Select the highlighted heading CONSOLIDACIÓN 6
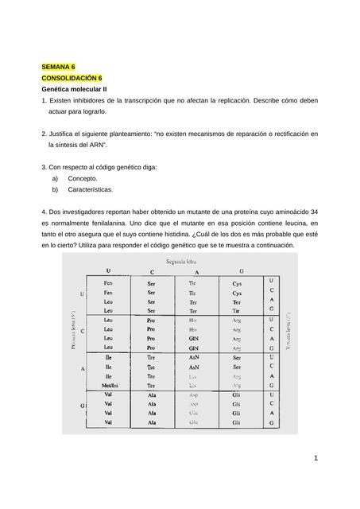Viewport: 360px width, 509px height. tap(72, 80)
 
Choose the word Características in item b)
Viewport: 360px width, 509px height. tap(91, 190)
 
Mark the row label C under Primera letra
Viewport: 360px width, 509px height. tap(83, 331)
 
